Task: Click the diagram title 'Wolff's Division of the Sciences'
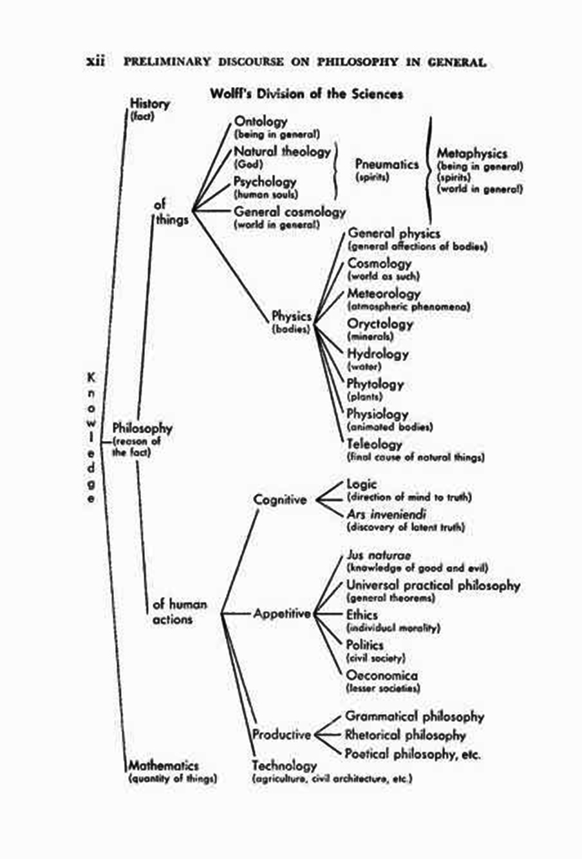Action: point(306,93)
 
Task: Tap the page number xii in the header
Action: point(95,62)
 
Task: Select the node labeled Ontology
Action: point(261,121)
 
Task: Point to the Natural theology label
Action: point(282,151)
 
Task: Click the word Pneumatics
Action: point(387,164)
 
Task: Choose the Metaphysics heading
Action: point(472,153)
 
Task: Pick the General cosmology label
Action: point(290,211)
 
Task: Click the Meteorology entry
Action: point(384,294)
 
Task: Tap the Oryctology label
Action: point(380,323)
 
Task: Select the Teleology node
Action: point(375,444)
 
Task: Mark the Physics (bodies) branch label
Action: point(291,316)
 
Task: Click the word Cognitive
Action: point(280,499)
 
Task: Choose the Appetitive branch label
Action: point(282,614)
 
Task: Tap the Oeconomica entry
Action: point(382,675)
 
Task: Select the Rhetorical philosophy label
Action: point(406,735)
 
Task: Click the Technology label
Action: point(285,766)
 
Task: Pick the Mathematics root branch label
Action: point(164,766)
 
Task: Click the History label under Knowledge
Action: point(149,103)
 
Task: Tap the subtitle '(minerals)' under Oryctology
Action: point(370,336)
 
